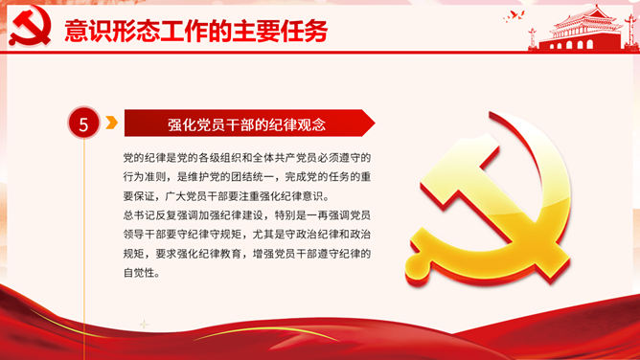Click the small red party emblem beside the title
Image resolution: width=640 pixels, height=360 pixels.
pos(31,25)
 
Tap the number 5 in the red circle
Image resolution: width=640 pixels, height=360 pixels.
pos(83,124)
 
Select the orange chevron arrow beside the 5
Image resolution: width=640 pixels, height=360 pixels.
pos(111,123)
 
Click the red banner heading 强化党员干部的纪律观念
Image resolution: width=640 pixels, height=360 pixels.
pos(246,124)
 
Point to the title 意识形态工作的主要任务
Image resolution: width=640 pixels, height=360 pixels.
pos(195,31)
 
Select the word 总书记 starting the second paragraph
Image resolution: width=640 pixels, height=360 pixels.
pos(139,215)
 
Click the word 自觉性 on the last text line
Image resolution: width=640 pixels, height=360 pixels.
pos(139,273)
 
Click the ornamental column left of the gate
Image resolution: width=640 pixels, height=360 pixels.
pos(533,38)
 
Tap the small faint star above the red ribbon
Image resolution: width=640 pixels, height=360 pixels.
pos(144,325)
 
